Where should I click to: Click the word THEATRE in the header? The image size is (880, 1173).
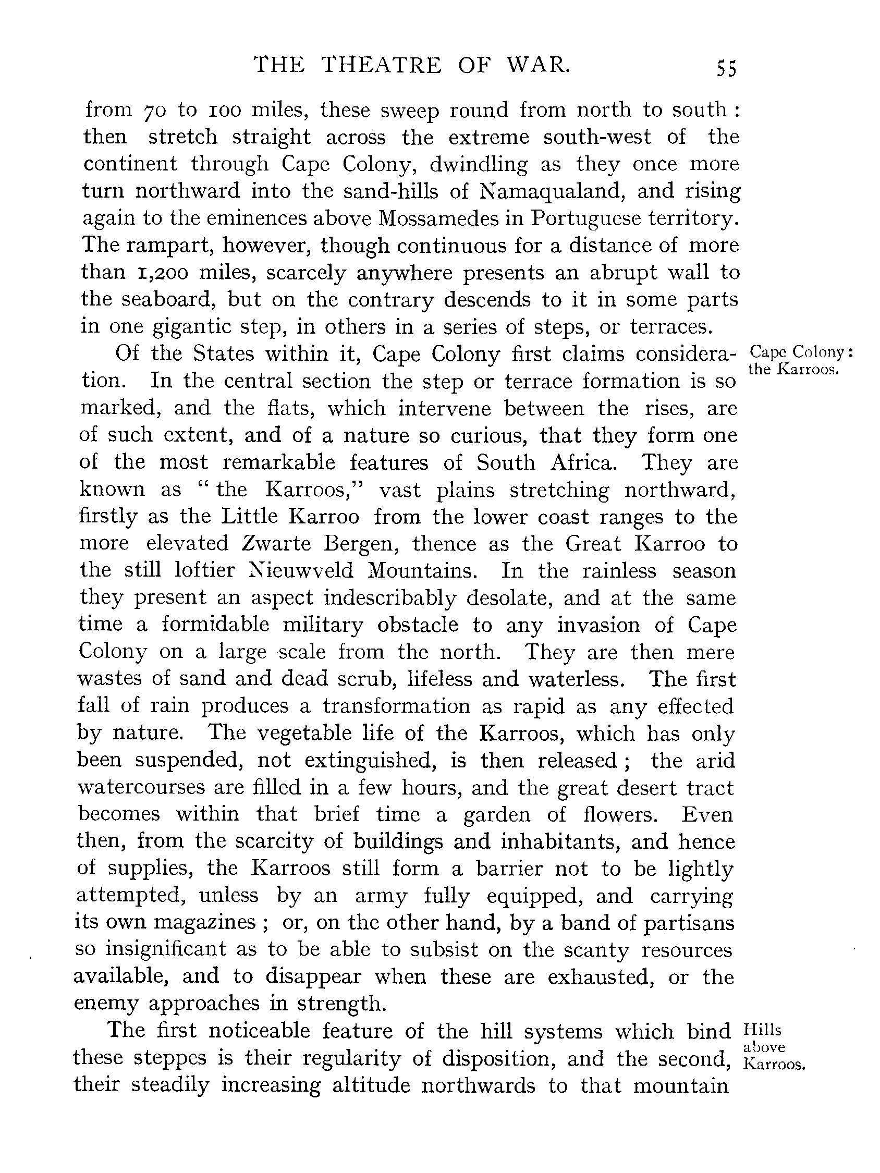[382, 65]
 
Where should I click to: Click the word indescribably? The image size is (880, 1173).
[389, 597]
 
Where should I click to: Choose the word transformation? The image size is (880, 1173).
[396, 706]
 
